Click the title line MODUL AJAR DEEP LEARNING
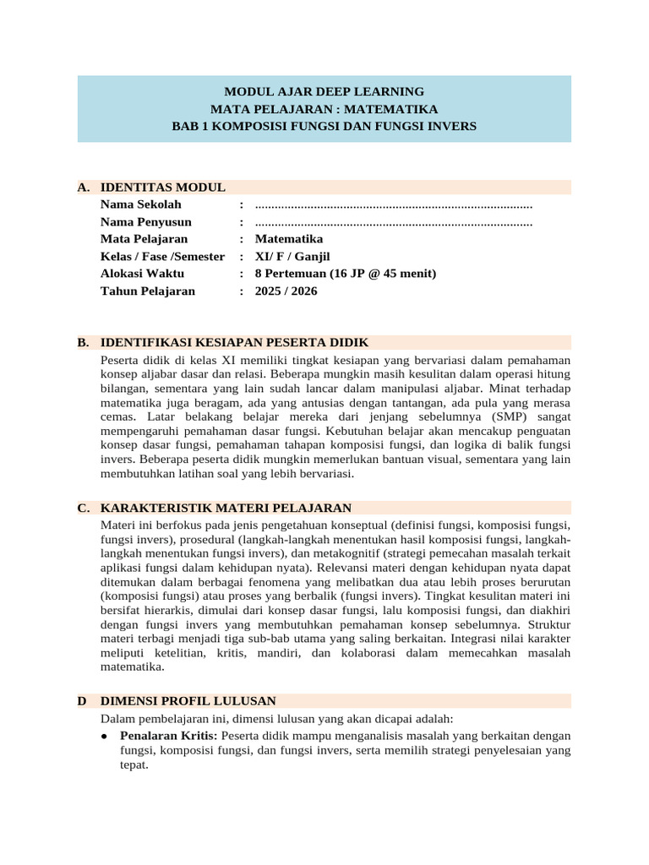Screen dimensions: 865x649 pyautogui.click(x=324, y=91)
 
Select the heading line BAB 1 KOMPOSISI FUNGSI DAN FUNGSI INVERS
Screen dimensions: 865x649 pyautogui.click(x=324, y=126)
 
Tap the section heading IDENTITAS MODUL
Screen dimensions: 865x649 pyautogui.click(x=162, y=188)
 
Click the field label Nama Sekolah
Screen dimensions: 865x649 pyautogui.click(x=140, y=204)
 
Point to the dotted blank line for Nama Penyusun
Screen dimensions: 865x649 pyautogui.click(x=393, y=222)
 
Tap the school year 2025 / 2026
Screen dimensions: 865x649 pyautogui.click(x=286, y=291)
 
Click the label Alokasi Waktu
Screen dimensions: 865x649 pyautogui.click(x=142, y=274)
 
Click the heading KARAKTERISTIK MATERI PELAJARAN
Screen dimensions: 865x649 pyautogui.click(x=226, y=508)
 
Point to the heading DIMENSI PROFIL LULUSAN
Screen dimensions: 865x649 pyautogui.click(x=188, y=701)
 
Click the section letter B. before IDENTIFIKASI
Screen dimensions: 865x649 pyautogui.click(x=83, y=343)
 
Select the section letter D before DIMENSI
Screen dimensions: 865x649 pyautogui.click(x=82, y=701)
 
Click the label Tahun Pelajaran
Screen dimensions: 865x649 pyautogui.click(x=147, y=291)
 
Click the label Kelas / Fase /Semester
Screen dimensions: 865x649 pyautogui.click(x=162, y=257)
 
